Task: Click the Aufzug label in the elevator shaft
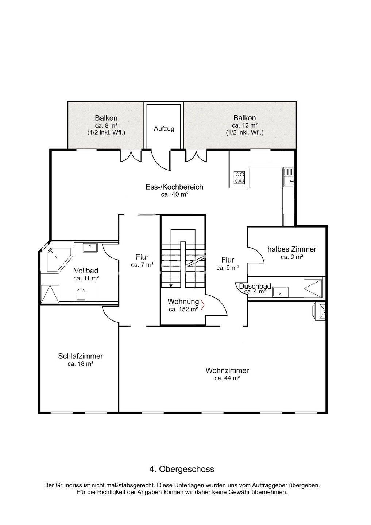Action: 164,129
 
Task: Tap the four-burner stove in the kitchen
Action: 239,177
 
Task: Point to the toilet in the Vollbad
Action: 80,295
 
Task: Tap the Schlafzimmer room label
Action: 80,356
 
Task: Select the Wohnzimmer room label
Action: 227,370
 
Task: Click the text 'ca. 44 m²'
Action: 227,378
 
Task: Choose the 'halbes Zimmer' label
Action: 292,249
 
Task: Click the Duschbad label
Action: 255,286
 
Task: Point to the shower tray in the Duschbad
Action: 313,288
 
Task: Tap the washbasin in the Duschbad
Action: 281,292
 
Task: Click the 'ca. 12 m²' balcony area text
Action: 245,125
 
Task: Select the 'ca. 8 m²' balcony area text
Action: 106,125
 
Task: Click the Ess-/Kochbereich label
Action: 174,187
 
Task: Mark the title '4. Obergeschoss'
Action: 182,469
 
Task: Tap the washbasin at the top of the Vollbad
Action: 90,248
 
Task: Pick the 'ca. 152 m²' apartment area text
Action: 183,310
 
